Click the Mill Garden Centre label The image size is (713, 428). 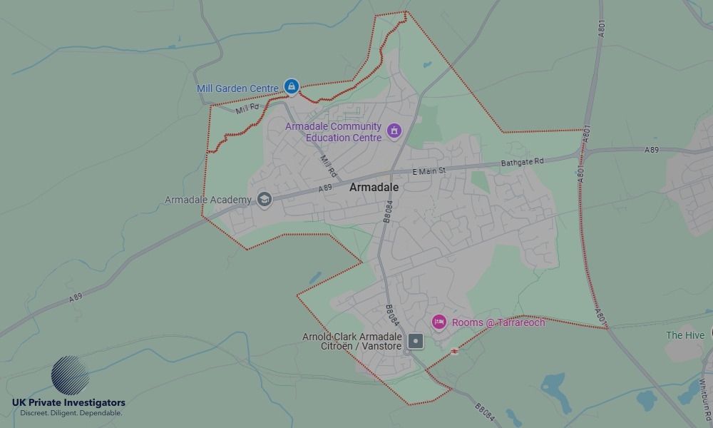coord(237,89)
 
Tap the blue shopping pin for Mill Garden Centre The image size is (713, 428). coord(291,86)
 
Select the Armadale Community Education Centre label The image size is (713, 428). coord(333,132)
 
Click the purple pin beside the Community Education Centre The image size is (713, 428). coord(394,131)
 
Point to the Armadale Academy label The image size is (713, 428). coord(207,200)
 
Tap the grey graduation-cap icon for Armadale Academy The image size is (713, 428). coord(265,199)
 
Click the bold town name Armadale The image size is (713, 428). coord(374,187)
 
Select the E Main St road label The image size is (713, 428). coord(429,171)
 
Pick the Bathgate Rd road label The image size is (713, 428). coord(522,162)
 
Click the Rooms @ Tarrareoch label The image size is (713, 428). coord(498,322)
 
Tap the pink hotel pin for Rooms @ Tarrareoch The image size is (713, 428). coord(438,322)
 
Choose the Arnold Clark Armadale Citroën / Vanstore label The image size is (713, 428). coord(352,341)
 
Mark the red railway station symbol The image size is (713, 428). coord(455,350)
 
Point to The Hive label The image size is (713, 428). coord(685,335)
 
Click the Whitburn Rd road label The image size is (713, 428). coord(704,393)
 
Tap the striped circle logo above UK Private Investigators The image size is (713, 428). coord(70,375)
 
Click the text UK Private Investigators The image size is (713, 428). coord(68,403)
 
